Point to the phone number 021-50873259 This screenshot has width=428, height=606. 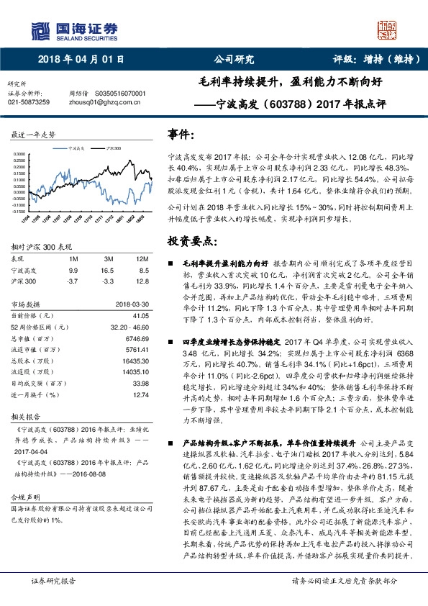[x=28, y=103]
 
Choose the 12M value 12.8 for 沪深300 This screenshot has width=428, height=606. [x=142, y=281]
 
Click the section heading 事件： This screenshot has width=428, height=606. [x=181, y=135]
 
